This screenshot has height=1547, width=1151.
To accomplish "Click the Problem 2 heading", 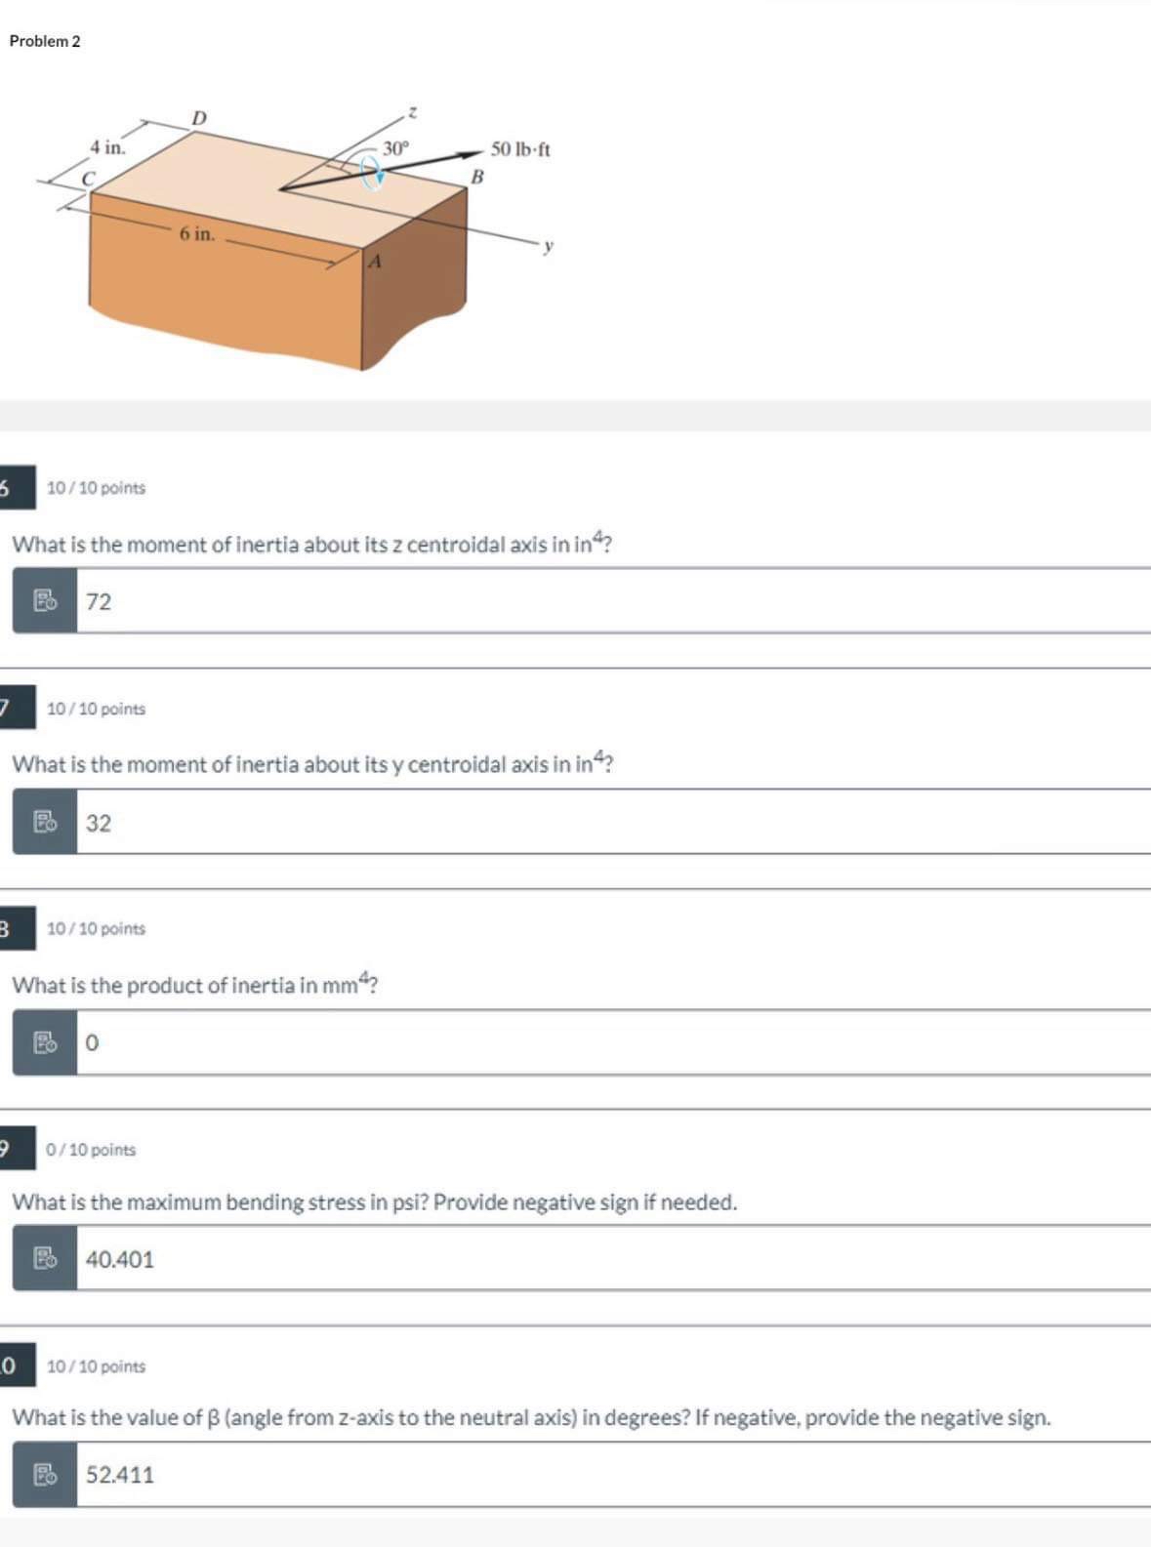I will pyautogui.click(x=45, y=41).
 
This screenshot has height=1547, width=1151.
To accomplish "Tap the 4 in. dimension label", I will pyautogui.click(x=107, y=147).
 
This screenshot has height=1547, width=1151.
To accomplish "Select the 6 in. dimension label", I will pyautogui.click(x=196, y=233).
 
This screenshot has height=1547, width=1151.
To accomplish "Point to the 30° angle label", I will pyautogui.click(x=396, y=148).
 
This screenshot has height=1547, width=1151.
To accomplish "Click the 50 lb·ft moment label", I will pyautogui.click(x=520, y=149).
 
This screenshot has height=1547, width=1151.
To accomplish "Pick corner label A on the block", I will pyautogui.click(x=375, y=261).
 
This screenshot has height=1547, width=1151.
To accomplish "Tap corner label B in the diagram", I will pyautogui.click(x=476, y=177).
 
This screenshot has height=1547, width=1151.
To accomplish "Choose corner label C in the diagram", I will pyautogui.click(x=88, y=179).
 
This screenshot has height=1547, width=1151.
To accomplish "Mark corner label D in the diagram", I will pyautogui.click(x=199, y=118).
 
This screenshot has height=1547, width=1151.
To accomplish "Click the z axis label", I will pyautogui.click(x=412, y=113).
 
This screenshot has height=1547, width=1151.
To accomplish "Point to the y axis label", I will pyautogui.click(x=549, y=246).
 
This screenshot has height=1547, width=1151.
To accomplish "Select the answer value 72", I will pyautogui.click(x=99, y=601).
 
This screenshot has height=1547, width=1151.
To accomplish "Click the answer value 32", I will pyautogui.click(x=99, y=823).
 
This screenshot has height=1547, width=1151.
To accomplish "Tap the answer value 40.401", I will pyautogui.click(x=120, y=1259).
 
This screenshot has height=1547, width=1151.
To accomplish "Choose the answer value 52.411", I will pyautogui.click(x=120, y=1475).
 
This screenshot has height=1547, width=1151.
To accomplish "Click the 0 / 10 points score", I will pyautogui.click(x=91, y=1150).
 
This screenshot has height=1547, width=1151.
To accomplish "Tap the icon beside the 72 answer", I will pyautogui.click(x=45, y=601).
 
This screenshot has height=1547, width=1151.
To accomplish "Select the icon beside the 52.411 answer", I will pyautogui.click(x=45, y=1475).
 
